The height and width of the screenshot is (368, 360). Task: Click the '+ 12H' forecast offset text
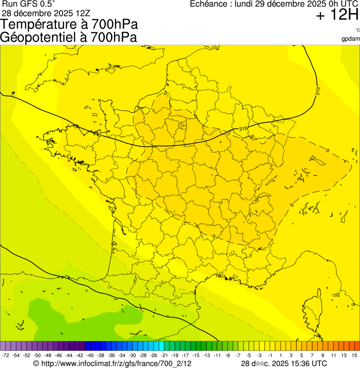337,15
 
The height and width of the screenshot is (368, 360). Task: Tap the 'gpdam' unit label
351,38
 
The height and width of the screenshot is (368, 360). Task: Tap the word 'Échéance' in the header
209,4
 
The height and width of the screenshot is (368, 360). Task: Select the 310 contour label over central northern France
243,129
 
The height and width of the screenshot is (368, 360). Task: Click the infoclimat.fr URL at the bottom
112,363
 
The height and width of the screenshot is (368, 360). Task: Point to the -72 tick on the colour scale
6,356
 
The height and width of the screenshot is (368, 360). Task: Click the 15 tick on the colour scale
355,356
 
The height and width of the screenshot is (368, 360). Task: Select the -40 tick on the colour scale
90,356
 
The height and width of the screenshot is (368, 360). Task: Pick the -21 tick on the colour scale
164,356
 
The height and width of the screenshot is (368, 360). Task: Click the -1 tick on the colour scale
270,356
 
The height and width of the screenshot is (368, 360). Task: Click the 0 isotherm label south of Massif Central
213,236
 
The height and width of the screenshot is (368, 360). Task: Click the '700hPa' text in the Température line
114,24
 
